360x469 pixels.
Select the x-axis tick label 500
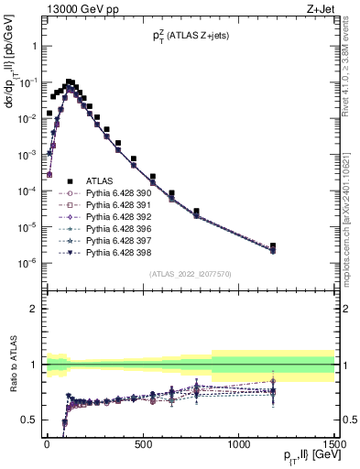click(x=143, y=443)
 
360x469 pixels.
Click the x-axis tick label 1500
click(x=333, y=443)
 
